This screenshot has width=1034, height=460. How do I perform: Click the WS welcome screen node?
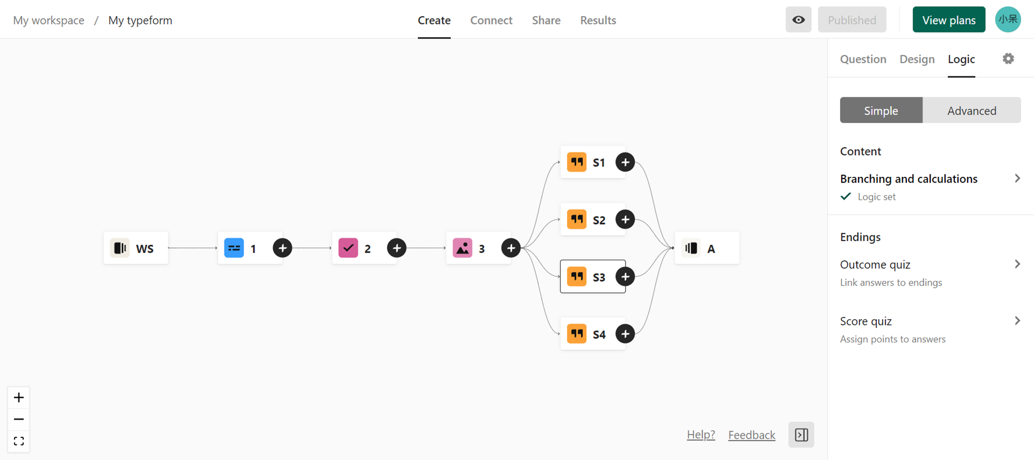coord(136,248)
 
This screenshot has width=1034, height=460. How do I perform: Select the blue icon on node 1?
coord(234,248)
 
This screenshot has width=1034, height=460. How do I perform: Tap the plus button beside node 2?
coord(397,248)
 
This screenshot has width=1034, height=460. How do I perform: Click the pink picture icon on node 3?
coord(463,248)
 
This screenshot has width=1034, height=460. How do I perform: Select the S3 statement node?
coord(593,277)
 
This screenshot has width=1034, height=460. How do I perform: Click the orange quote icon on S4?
coord(577,334)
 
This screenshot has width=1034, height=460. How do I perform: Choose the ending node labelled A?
coord(707,248)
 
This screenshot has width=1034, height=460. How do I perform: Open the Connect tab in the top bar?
coord(491,20)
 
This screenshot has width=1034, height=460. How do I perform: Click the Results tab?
coord(598,20)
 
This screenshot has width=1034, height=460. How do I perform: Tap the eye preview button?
coord(799,20)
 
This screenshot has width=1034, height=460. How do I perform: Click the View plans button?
coord(949,20)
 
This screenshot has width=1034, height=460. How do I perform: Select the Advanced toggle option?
coord(972,110)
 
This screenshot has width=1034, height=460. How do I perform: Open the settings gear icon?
coord(1009,58)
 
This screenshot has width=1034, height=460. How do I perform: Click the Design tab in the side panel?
coord(917,59)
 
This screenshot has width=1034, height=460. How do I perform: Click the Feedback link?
coord(752,435)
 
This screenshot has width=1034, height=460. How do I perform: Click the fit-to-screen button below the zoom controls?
coord(19,441)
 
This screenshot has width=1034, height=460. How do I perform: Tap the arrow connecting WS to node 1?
coord(193,248)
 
